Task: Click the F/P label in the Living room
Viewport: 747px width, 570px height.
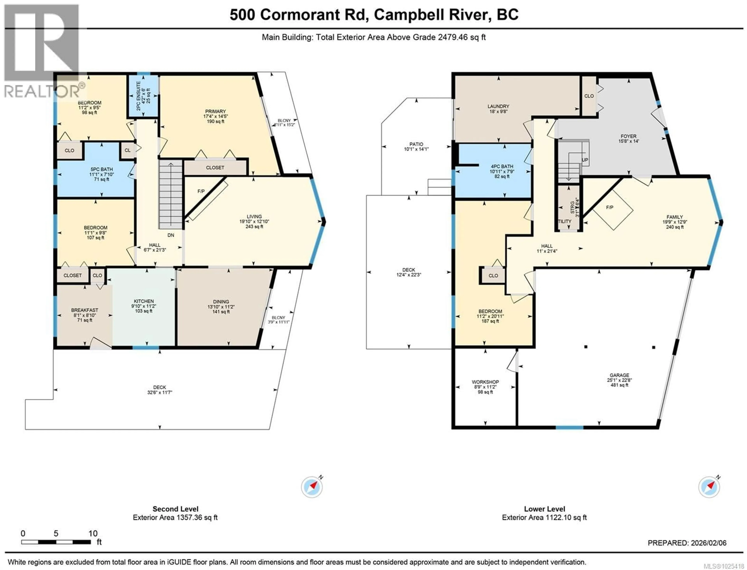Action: (201, 191)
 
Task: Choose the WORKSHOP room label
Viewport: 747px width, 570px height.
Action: (485, 382)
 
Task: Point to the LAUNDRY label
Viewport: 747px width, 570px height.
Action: (498, 106)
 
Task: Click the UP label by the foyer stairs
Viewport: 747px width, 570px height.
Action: (585, 160)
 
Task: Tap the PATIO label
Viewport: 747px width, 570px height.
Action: (416, 144)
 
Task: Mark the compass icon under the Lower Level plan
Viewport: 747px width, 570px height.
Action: (709, 487)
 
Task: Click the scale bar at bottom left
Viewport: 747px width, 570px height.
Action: (56, 542)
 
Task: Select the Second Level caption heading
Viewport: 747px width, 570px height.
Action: (175, 509)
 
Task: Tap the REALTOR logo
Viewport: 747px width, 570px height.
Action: (41, 51)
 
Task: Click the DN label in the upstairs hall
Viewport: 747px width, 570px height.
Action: (171, 235)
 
